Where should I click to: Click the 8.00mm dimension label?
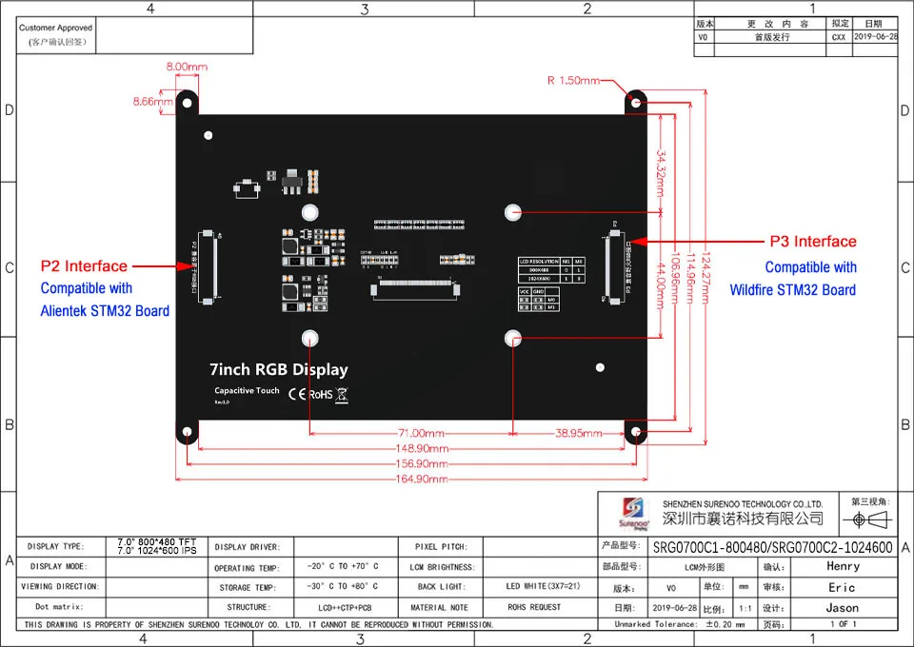coord(187,67)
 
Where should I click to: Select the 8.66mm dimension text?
coord(152,101)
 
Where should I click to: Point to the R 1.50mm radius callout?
coord(574,80)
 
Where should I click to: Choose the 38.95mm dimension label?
coord(577,433)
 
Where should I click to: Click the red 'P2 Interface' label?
coord(83,266)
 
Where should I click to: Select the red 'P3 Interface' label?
coord(812,242)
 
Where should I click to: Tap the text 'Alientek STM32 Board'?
coord(105,310)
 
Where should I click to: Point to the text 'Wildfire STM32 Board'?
coord(792,289)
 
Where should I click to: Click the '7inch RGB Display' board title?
coord(278,370)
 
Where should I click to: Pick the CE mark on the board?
coord(296,393)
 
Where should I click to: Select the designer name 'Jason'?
coord(842,608)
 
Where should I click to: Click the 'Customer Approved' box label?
coord(55,29)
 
